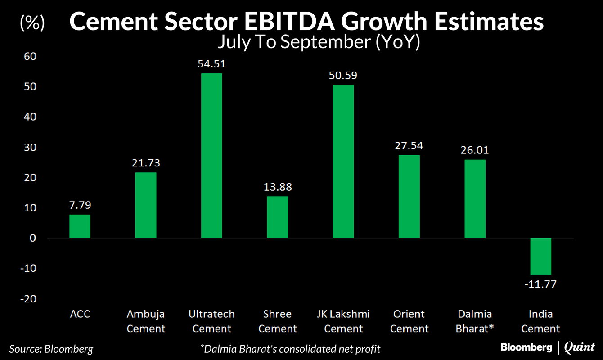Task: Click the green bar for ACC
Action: (80, 226)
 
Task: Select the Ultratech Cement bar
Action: (211, 156)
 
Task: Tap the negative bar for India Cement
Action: (540, 256)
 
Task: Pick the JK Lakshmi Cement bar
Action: (343, 162)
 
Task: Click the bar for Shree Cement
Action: (278, 217)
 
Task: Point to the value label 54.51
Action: (211, 64)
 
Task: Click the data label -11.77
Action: (540, 284)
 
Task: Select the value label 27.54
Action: (409, 146)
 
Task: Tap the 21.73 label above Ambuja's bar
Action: (146, 163)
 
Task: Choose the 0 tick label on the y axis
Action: (33, 238)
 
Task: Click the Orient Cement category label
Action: (409, 321)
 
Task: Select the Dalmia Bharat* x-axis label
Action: (475, 321)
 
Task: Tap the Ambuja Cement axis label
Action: (146, 321)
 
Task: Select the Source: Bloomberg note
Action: (51, 348)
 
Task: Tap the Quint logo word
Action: (579, 347)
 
